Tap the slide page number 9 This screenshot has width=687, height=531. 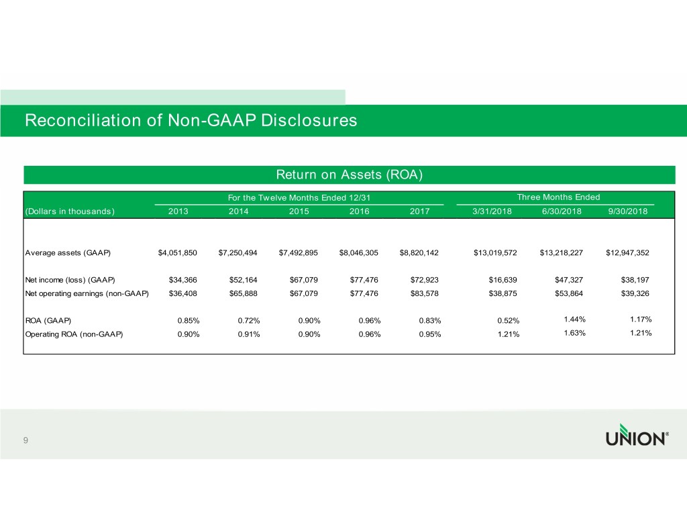pos(25,440)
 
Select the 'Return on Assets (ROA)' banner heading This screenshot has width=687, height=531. pos(349,175)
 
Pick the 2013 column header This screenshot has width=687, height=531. pos(178,211)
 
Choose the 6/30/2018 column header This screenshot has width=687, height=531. pos(563,211)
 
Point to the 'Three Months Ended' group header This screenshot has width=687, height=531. pos(558,197)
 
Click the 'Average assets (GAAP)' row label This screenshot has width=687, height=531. pos(68,253)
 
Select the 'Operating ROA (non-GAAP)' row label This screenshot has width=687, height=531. pos(74,334)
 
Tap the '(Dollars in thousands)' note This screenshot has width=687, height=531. pos(69,211)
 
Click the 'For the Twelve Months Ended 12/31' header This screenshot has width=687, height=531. pos(299,197)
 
